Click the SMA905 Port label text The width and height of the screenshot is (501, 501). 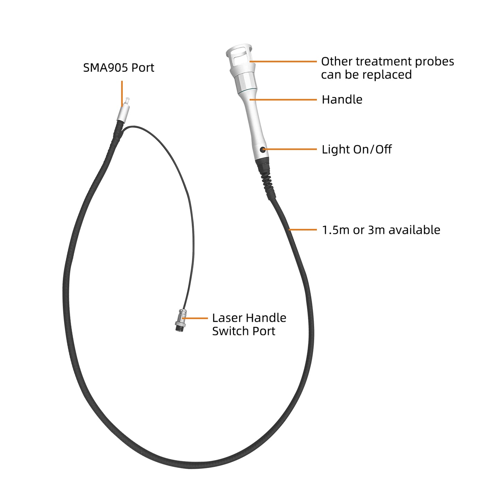click(x=119, y=68)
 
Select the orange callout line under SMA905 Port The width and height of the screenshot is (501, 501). click(x=122, y=94)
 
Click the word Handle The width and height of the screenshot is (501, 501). click(x=342, y=100)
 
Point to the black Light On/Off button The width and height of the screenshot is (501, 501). click(x=262, y=149)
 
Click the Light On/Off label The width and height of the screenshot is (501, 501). click(x=357, y=149)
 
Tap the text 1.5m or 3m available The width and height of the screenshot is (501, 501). click(x=381, y=230)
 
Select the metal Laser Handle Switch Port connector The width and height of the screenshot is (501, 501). click(x=181, y=320)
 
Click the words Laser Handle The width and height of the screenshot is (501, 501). click(x=249, y=318)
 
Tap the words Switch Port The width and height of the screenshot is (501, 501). click(x=244, y=331)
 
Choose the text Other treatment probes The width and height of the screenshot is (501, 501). click(x=387, y=62)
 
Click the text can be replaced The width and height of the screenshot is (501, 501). click(x=366, y=75)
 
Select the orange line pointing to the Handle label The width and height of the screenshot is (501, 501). click(x=283, y=100)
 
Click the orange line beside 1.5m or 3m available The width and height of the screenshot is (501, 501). click(x=303, y=230)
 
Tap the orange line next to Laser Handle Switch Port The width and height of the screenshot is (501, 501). click(x=195, y=318)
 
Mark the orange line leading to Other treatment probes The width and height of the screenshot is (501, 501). click(x=283, y=62)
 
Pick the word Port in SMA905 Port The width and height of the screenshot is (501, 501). click(x=143, y=68)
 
